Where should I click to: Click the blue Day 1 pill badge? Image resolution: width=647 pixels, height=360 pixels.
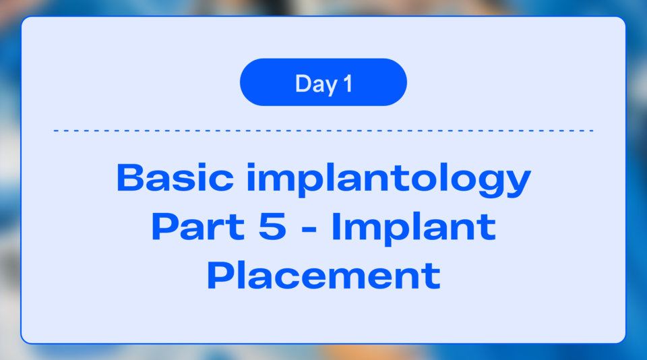tap(323, 82)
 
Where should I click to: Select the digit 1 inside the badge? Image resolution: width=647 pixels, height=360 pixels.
tap(347, 84)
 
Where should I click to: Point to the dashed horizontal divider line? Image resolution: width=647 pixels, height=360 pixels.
tap(323, 130)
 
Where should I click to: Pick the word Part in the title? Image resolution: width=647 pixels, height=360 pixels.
tap(189, 227)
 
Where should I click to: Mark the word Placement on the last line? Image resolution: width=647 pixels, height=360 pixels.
tap(323, 276)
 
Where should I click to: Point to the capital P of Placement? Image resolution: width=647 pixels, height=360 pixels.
tap(217, 276)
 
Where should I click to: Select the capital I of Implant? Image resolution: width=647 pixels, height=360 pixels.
tap(335, 227)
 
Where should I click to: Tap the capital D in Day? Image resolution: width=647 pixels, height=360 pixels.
tap(303, 84)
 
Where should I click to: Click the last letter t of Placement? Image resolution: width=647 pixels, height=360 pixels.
tap(433, 276)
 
